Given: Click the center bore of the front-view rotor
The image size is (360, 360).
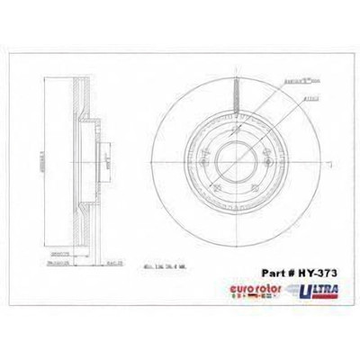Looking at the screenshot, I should pyautogui.click(x=235, y=165).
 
